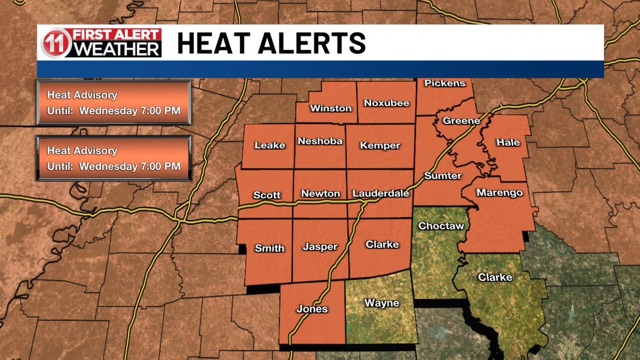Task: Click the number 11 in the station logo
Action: point(55,43)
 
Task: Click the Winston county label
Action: point(331,108)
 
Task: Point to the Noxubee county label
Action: point(387,103)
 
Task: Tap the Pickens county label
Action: point(445,83)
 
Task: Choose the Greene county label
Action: point(461,121)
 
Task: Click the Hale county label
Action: point(507,142)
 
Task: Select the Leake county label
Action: point(270,145)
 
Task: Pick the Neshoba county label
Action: point(320,141)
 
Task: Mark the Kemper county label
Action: point(380,146)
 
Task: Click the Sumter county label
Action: point(443,175)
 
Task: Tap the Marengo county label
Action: point(499,193)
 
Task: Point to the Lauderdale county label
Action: point(381,194)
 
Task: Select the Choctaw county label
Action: point(441,226)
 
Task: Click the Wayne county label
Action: point(381,303)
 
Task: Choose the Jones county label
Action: point(312,309)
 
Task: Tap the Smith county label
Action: point(269,248)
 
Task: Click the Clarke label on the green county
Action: point(495,277)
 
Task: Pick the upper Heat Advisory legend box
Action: point(114,103)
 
